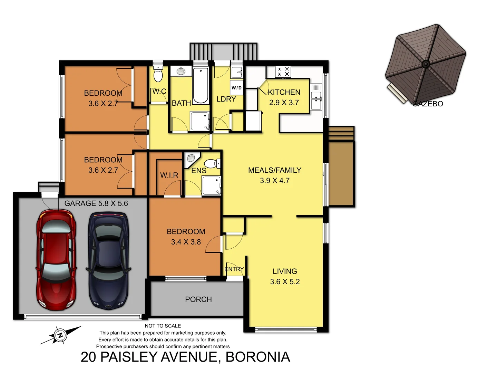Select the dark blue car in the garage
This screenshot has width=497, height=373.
click(109, 261)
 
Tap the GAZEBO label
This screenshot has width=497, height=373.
click(428, 104)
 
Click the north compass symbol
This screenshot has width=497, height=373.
click(60, 335)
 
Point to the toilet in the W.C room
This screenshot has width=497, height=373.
click(158, 74)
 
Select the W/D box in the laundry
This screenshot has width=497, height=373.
click(237, 88)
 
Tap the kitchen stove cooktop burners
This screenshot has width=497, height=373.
click(283, 72)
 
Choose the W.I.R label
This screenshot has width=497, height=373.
click(169, 175)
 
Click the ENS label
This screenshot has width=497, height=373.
click(199, 171)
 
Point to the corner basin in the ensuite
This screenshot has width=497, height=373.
click(191, 158)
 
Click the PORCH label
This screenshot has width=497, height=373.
click(198, 299)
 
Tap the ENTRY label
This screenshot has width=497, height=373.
click(234, 269)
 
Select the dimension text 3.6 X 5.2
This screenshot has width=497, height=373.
click(285, 282)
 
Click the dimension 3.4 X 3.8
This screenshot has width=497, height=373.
click(186, 242)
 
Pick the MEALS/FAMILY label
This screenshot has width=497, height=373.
click(275, 170)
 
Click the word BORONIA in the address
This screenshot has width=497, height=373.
click(257, 357)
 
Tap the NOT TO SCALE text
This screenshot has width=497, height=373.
click(163, 326)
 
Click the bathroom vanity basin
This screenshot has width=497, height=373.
click(181, 71)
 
